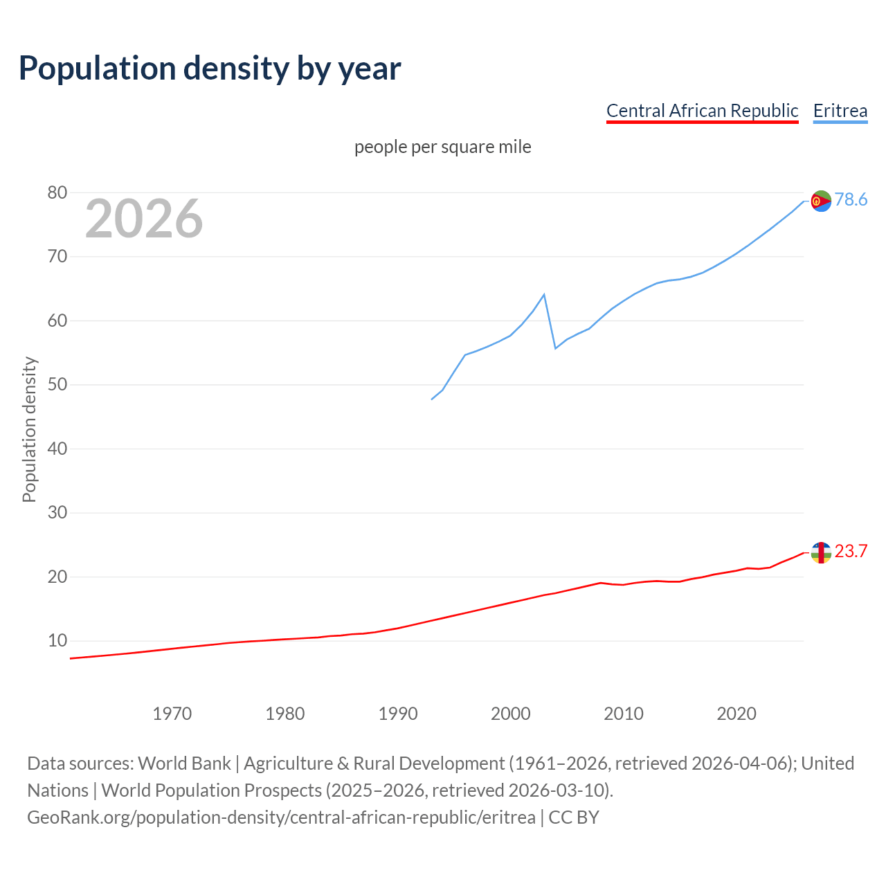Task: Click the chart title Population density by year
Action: (x=210, y=69)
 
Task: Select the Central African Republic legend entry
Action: (x=702, y=111)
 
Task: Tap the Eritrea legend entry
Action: (x=840, y=111)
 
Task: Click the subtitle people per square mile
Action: (x=442, y=147)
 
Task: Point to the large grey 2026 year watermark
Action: (x=144, y=219)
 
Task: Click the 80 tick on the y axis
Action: (x=57, y=192)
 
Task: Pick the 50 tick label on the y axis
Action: (x=57, y=385)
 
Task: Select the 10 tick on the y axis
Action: (x=57, y=641)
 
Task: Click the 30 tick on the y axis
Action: (x=57, y=513)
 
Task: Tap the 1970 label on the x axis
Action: (x=172, y=714)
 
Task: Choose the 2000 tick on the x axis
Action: (x=510, y=714)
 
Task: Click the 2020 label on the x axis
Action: (x=736, y=714)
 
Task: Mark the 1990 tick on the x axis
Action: (x=397, y=714)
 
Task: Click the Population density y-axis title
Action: (x=29, y=429)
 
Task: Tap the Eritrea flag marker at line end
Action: (x=821, y=201)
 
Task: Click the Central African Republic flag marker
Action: (x=821, y=552)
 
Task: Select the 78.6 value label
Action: (x=851, y=200)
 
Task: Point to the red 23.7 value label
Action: (x=851, y=552)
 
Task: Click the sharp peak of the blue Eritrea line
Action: (x=544, y=295)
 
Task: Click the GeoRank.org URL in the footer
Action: (x=281, y=817)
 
